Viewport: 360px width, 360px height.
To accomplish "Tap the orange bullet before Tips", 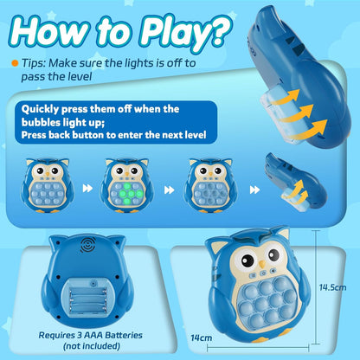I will [14, 63].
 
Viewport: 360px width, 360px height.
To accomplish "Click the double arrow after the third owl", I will [254, 190].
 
